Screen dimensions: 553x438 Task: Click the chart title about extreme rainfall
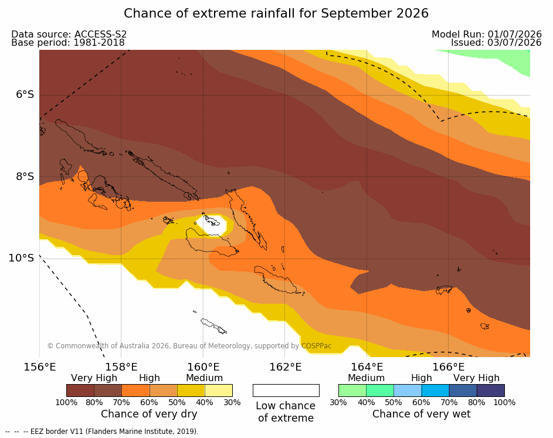coord(276,13)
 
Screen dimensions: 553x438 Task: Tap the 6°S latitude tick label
coord(25,94)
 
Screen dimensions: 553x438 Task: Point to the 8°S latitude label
coord(25,176)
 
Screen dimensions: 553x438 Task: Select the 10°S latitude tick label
coord(22,258)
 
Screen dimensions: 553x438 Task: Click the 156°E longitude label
coord(39,367)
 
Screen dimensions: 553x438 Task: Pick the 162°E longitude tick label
coord(286,367)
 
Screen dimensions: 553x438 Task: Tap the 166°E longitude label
coord(448,367)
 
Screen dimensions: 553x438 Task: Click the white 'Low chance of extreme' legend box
coord(286,391)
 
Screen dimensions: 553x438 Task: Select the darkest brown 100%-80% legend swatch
coord(80,391)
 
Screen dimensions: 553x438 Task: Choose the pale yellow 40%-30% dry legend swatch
coord(219,391)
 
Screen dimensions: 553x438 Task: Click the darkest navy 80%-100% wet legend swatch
coord(491,391)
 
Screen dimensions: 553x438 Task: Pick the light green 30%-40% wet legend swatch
coord(352,391)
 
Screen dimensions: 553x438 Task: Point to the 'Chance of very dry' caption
coord(149,414)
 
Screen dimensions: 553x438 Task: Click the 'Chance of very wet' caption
coord(422,414)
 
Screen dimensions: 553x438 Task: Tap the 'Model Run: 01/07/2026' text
coord(487,34)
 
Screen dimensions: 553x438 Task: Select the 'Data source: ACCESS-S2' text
coord(69,34)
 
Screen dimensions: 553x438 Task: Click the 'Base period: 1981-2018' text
coord(68,43)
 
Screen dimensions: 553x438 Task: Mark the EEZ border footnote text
coord(102,432)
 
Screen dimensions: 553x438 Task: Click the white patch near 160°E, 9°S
coord(212,225)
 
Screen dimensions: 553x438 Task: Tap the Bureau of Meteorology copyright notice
coord(189,346)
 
